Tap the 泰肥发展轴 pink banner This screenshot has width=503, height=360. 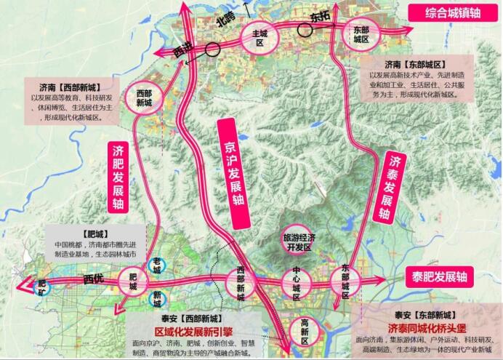coord(438,276)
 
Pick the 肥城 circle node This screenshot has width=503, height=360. coord(132,281)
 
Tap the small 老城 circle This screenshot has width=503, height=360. coord(156,265)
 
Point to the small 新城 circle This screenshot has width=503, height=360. coord(156,298)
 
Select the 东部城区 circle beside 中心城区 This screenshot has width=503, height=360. coord(345,277)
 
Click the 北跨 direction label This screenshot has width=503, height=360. coord(227,22)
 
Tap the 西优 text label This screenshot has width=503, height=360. coord(94,279)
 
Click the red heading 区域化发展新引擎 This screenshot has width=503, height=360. coord(191,330)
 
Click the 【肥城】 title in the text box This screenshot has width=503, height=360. coord(97,233)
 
